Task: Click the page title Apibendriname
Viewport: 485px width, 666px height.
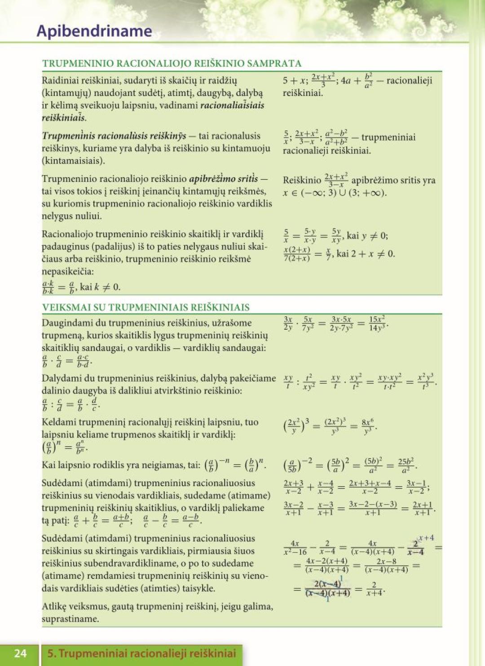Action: [94, 31]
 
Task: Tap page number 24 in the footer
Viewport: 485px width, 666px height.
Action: [20, 653]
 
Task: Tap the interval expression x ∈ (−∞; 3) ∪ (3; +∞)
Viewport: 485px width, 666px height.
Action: [335, 193]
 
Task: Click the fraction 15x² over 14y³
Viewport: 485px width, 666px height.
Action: [377, 323]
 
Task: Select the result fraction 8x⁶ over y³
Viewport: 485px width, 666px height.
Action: [367, 427]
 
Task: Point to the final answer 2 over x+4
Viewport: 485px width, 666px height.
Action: [374, 589]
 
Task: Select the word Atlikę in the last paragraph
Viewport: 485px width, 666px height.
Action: [53, 606]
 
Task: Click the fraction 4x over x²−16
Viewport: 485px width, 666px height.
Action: [295, 548]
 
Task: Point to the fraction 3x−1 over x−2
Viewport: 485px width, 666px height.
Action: [415, 487]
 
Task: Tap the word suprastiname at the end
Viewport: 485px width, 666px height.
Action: [70, 619]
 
